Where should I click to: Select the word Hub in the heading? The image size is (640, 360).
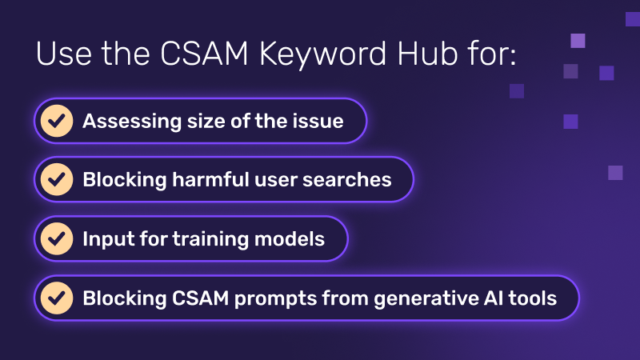point(426,56)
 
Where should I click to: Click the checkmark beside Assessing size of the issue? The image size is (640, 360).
point(55,122)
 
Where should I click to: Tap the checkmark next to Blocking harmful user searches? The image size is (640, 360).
point(55,180)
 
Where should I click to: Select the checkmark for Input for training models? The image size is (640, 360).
point(55,238)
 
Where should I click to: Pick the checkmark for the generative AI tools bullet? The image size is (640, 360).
point(55,298)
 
